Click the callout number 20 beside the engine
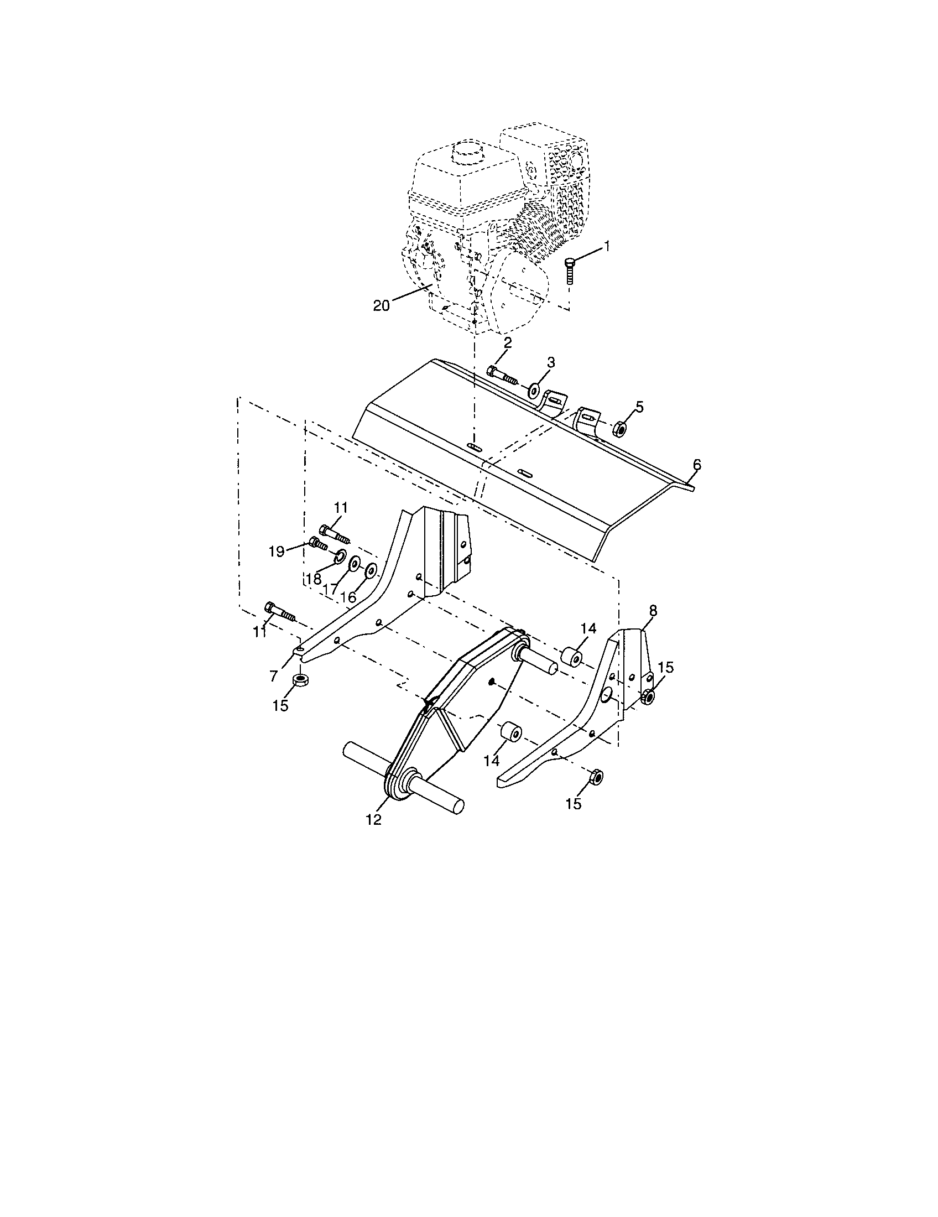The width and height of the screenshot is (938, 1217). click(382, 305)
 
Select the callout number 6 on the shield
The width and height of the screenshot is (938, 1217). click(697, 464)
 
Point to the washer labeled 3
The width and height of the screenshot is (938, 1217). click(533, 390)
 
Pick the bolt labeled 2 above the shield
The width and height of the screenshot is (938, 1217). click(501, 375)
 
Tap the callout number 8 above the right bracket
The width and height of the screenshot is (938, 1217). click(653, 611)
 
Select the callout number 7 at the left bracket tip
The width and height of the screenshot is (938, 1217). click(273, 676)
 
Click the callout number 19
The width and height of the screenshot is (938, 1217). click(277, 551)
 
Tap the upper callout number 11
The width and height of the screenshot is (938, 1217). click(341, 507)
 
